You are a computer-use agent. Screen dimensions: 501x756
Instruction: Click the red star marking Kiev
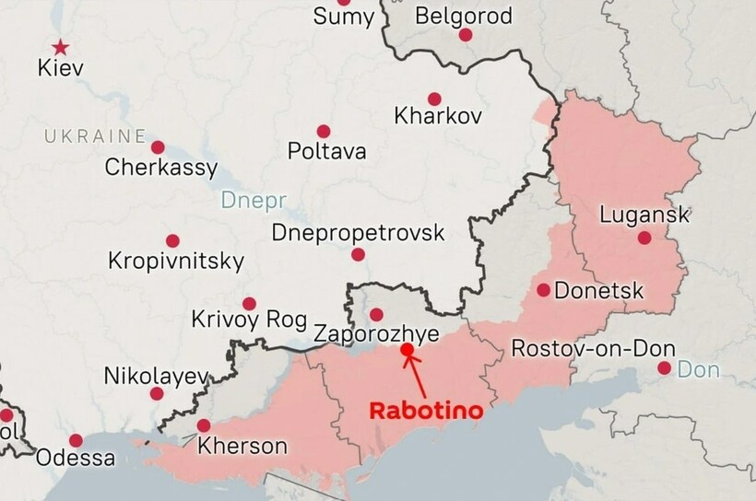coord(60,47)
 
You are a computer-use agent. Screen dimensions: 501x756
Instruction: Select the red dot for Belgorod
coord(466,35)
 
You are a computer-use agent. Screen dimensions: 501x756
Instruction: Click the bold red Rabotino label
coord(425,411)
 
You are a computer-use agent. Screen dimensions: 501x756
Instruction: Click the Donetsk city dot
coord(544,290)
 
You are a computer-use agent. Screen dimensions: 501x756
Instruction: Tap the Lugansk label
coord(644,216)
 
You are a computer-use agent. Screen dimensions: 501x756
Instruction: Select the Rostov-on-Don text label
coord(593,349)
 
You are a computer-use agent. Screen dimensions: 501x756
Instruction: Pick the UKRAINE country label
coord(95,137)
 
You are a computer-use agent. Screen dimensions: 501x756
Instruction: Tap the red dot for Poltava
coord(324,132)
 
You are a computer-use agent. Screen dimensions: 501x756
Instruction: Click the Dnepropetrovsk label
coord(358,232)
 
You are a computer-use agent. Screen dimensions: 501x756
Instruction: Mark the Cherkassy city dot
coord(158,147)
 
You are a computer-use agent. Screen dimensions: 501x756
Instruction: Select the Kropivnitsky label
coord(176,261)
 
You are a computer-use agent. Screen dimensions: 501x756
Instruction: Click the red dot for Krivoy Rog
coord(249,303)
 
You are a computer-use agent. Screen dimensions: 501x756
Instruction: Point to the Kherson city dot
coord(204,425)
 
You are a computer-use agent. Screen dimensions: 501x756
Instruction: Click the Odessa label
coord(76,458)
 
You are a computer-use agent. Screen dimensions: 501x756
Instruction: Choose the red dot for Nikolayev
coord(157,393)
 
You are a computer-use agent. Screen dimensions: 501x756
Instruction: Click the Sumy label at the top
coord(344,16)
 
